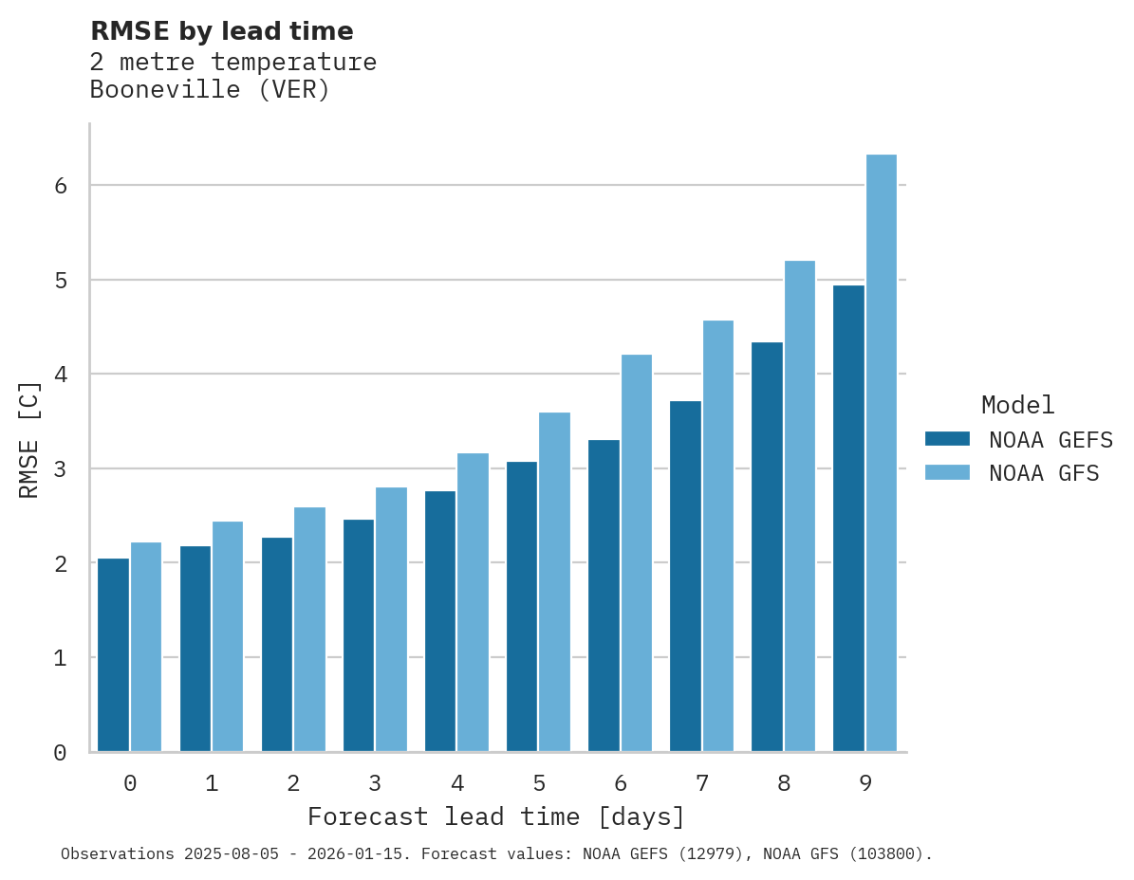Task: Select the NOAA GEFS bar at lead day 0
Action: pyautogui.click(x=114, y=655)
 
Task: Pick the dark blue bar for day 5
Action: pyautogui.click(x=522, y=607)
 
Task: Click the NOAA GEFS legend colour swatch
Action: pyautogui.click(x=947, y=439)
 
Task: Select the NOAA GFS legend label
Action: pyautogui.click(x=1044, y=472)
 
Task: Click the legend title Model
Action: pyautogui.click(x=1017, y=405)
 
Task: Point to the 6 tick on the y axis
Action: pyautogui.click(x=61, y=186)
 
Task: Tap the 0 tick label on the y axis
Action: pyautogui.click(x=61, y=753)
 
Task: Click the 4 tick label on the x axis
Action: pyautogui.click(x=457, y=783)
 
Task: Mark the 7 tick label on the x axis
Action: pyautogui.click(x=702, y=783)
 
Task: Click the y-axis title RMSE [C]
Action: pyautogui.click(x=29, y=439)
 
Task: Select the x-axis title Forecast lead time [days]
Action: pyautogui.click(x=495, y=816)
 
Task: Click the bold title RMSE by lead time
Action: pyautogui.click(x=221, y=31)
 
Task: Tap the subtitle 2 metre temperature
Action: pyautogui.click(x=232, y=63)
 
